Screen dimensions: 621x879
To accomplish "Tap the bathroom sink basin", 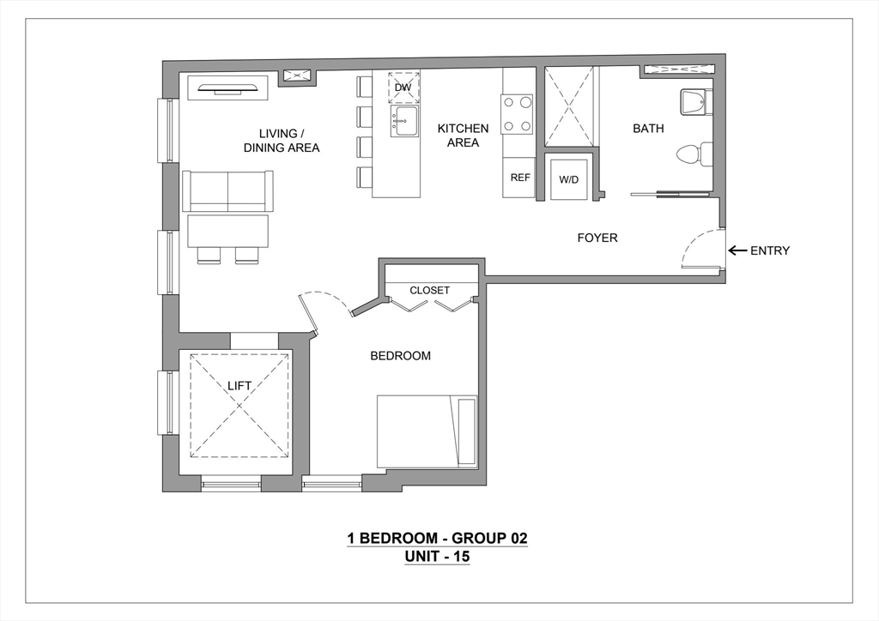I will click(694, 102).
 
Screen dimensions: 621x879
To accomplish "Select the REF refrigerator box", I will click(519, 178).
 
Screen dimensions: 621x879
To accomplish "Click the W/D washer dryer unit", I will click(568, 180).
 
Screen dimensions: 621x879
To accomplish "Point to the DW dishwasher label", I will click(403, 87).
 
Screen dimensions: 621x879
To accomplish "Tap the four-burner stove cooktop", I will click(518, 113).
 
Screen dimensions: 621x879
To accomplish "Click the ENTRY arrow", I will click(736, 251).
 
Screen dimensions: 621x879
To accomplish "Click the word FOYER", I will click(597, 238).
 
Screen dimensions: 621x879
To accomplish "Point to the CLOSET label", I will click(429, 291).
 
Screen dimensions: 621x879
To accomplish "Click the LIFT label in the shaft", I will click(239, 386).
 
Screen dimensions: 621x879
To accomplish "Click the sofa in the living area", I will click(227, 190).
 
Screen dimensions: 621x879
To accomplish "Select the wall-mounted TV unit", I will click(228, 86).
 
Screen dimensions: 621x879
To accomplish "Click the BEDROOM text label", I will click(400, 356).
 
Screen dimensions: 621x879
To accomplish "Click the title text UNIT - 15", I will click(437, 557).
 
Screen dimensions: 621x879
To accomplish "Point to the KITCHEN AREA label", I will click(463, 136).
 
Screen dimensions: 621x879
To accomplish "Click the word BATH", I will click(648, 129).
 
